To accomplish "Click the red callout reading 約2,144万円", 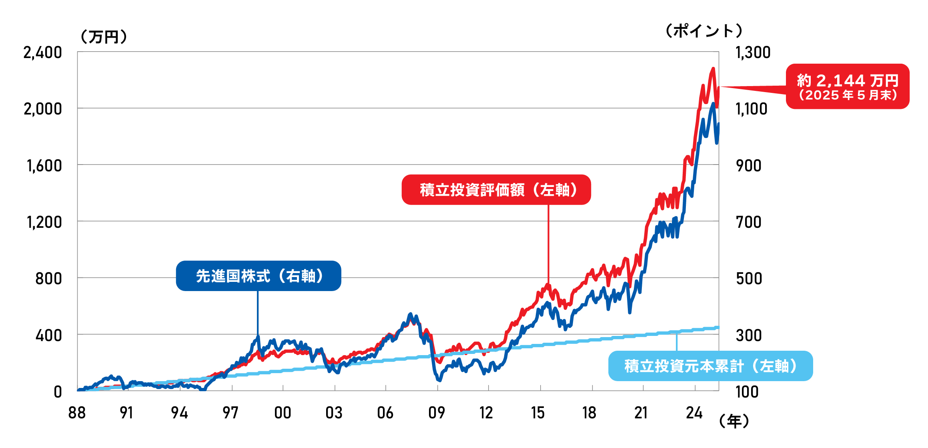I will click(848, 86).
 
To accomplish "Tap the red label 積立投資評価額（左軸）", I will click(496, 190).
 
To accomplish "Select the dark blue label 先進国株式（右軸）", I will click(259, 276).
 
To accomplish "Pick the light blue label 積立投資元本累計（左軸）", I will click(710, 366).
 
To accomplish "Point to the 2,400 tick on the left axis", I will click(43, 52).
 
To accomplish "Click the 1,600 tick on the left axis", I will click(44, 166).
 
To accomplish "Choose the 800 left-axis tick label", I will click(48, 279).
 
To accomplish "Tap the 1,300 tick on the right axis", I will click(753, 52).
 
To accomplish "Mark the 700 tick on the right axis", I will click(749, 222).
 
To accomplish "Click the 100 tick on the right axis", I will click(747, 392).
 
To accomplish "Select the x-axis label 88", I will click(77, 413).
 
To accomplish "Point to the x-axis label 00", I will click(283, 413).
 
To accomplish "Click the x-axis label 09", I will click(437, 413).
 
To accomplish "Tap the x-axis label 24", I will click(694, 413).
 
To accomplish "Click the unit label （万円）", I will click(104, 37).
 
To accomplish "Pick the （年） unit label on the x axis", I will click(734, 421).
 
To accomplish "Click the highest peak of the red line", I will click(713, 69).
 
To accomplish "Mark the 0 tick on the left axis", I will click(58, 392).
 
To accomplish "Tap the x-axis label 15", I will click(538, 413).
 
